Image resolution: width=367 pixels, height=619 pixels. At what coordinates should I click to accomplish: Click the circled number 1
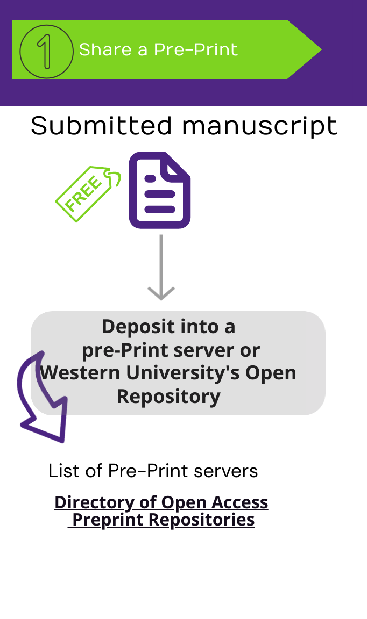tap(46, 52)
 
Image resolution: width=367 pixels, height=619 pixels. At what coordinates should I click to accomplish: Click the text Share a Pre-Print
tap(158, 50)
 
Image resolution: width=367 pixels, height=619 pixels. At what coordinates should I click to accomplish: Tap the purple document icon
tap(160, 190)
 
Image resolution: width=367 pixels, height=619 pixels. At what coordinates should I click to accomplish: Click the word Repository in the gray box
tap(168, 397)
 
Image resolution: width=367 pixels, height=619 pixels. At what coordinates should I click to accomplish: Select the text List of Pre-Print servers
tap(153, 471)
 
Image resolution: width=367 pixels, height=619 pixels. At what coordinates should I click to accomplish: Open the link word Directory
tap(95, 502)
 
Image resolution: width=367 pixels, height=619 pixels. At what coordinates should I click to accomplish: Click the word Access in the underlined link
tap(239, 502)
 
